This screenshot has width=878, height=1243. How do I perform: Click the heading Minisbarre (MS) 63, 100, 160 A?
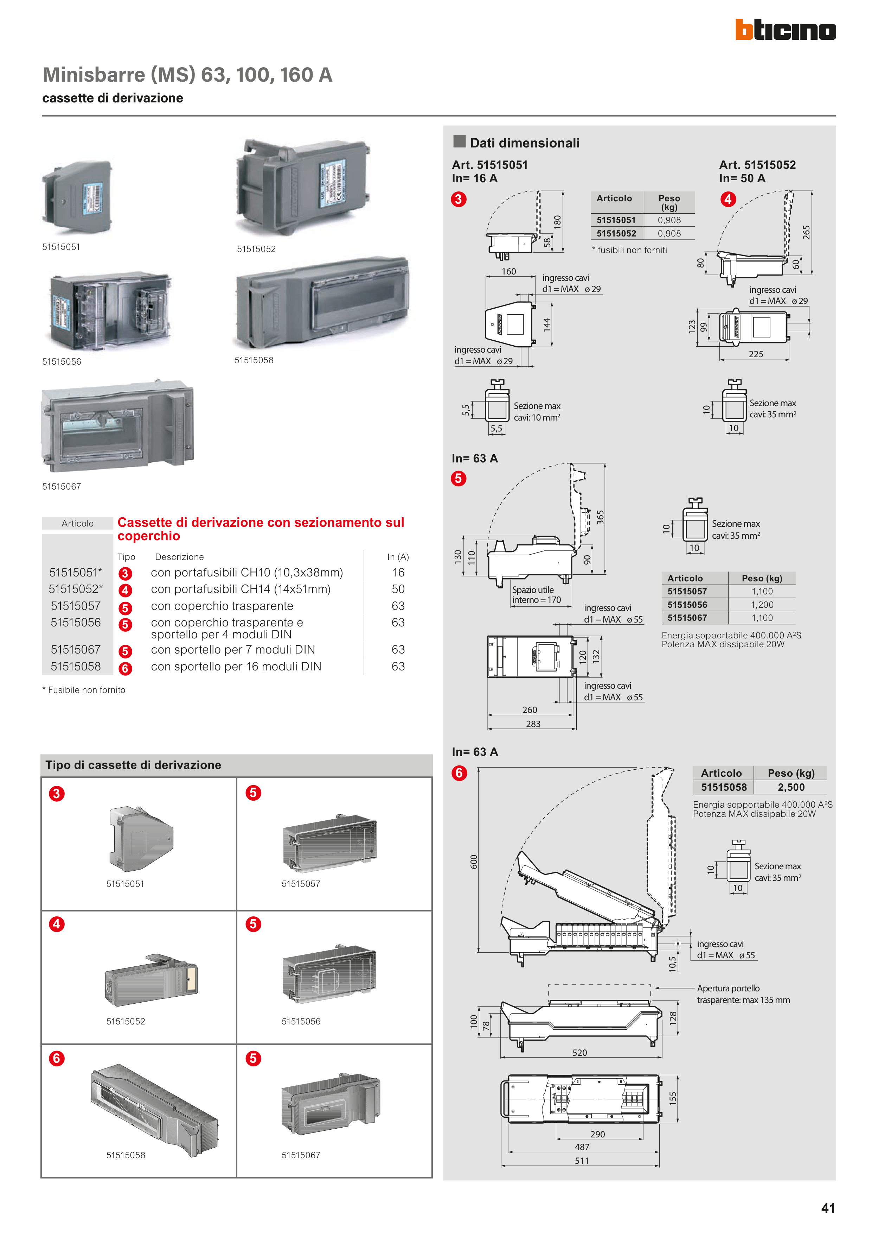pos(187,75)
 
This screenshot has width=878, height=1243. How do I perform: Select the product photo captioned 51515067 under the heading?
pos(117,425)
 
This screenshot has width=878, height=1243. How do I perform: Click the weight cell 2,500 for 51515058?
pos(791,787)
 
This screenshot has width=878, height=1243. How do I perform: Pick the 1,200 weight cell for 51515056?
pos(762,605)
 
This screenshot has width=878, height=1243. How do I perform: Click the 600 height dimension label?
pos(474,862)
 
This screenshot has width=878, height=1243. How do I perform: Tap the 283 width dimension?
pos(533,724)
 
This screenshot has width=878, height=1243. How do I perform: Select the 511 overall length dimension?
pos(582,1161)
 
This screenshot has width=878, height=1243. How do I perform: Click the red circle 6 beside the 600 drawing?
pos(459,773)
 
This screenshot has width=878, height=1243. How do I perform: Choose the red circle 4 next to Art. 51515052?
pos(728,199)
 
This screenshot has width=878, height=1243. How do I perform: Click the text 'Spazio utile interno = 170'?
pos(536,595)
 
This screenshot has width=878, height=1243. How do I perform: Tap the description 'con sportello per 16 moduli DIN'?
pos(236,667)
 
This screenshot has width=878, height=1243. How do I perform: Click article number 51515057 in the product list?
pos(76,606)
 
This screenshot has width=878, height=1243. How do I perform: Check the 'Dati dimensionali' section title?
pos(524,143)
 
